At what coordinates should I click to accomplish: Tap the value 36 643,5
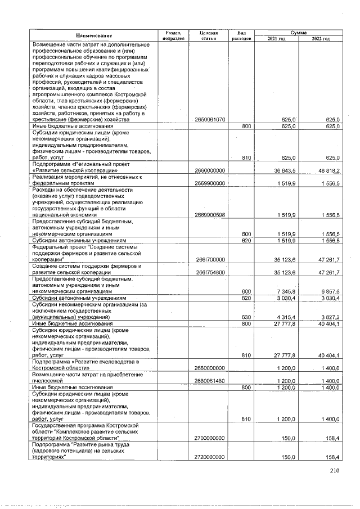[285, 170]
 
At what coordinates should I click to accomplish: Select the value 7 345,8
[287, 292]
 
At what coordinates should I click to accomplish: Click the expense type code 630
[246, 318]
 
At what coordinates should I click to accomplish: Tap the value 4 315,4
[287, 318]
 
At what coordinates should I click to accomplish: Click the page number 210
[336, 471]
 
